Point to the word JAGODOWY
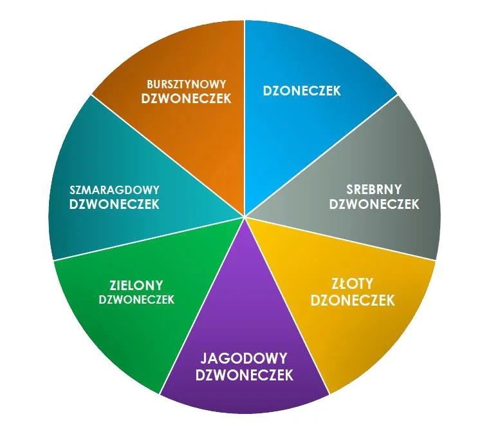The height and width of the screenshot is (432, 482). pos(244,358)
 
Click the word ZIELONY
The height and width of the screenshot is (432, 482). pos(136,285)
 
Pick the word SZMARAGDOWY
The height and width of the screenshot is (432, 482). pos(114,190)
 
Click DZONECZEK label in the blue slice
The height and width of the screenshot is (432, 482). pos(302,91)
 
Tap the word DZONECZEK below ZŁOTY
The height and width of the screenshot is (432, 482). pos(352,301)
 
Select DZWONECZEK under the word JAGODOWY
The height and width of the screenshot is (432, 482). pos(245,375)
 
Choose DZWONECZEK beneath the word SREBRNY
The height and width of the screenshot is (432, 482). pos(374,204)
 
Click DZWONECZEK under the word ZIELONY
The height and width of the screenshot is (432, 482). pos(136,300)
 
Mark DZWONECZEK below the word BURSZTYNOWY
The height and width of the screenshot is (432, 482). pos(185,99)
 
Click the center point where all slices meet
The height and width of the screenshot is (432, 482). pos(245,216)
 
